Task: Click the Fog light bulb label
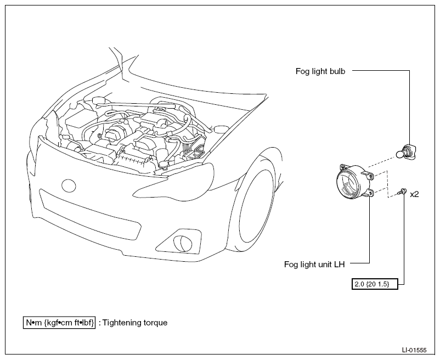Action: click(x=320, y=71)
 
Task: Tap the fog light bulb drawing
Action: click(x=406, y=153)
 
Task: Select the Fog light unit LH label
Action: click(x=314, y=265)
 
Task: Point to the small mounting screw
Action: click(x=402, y=192)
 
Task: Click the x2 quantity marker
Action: click(x=414, y=194)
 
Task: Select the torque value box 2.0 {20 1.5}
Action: click(x=375, y=284)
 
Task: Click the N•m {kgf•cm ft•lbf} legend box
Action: click(x=59, y=323)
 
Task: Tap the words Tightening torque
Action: click(x=135, y=323)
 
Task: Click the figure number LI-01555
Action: click(x=414, y=350)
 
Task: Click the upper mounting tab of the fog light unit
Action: click(x=370, y=176)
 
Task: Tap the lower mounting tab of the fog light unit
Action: click(x=370, y=193)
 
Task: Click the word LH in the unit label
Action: click(x=339, y=265)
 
